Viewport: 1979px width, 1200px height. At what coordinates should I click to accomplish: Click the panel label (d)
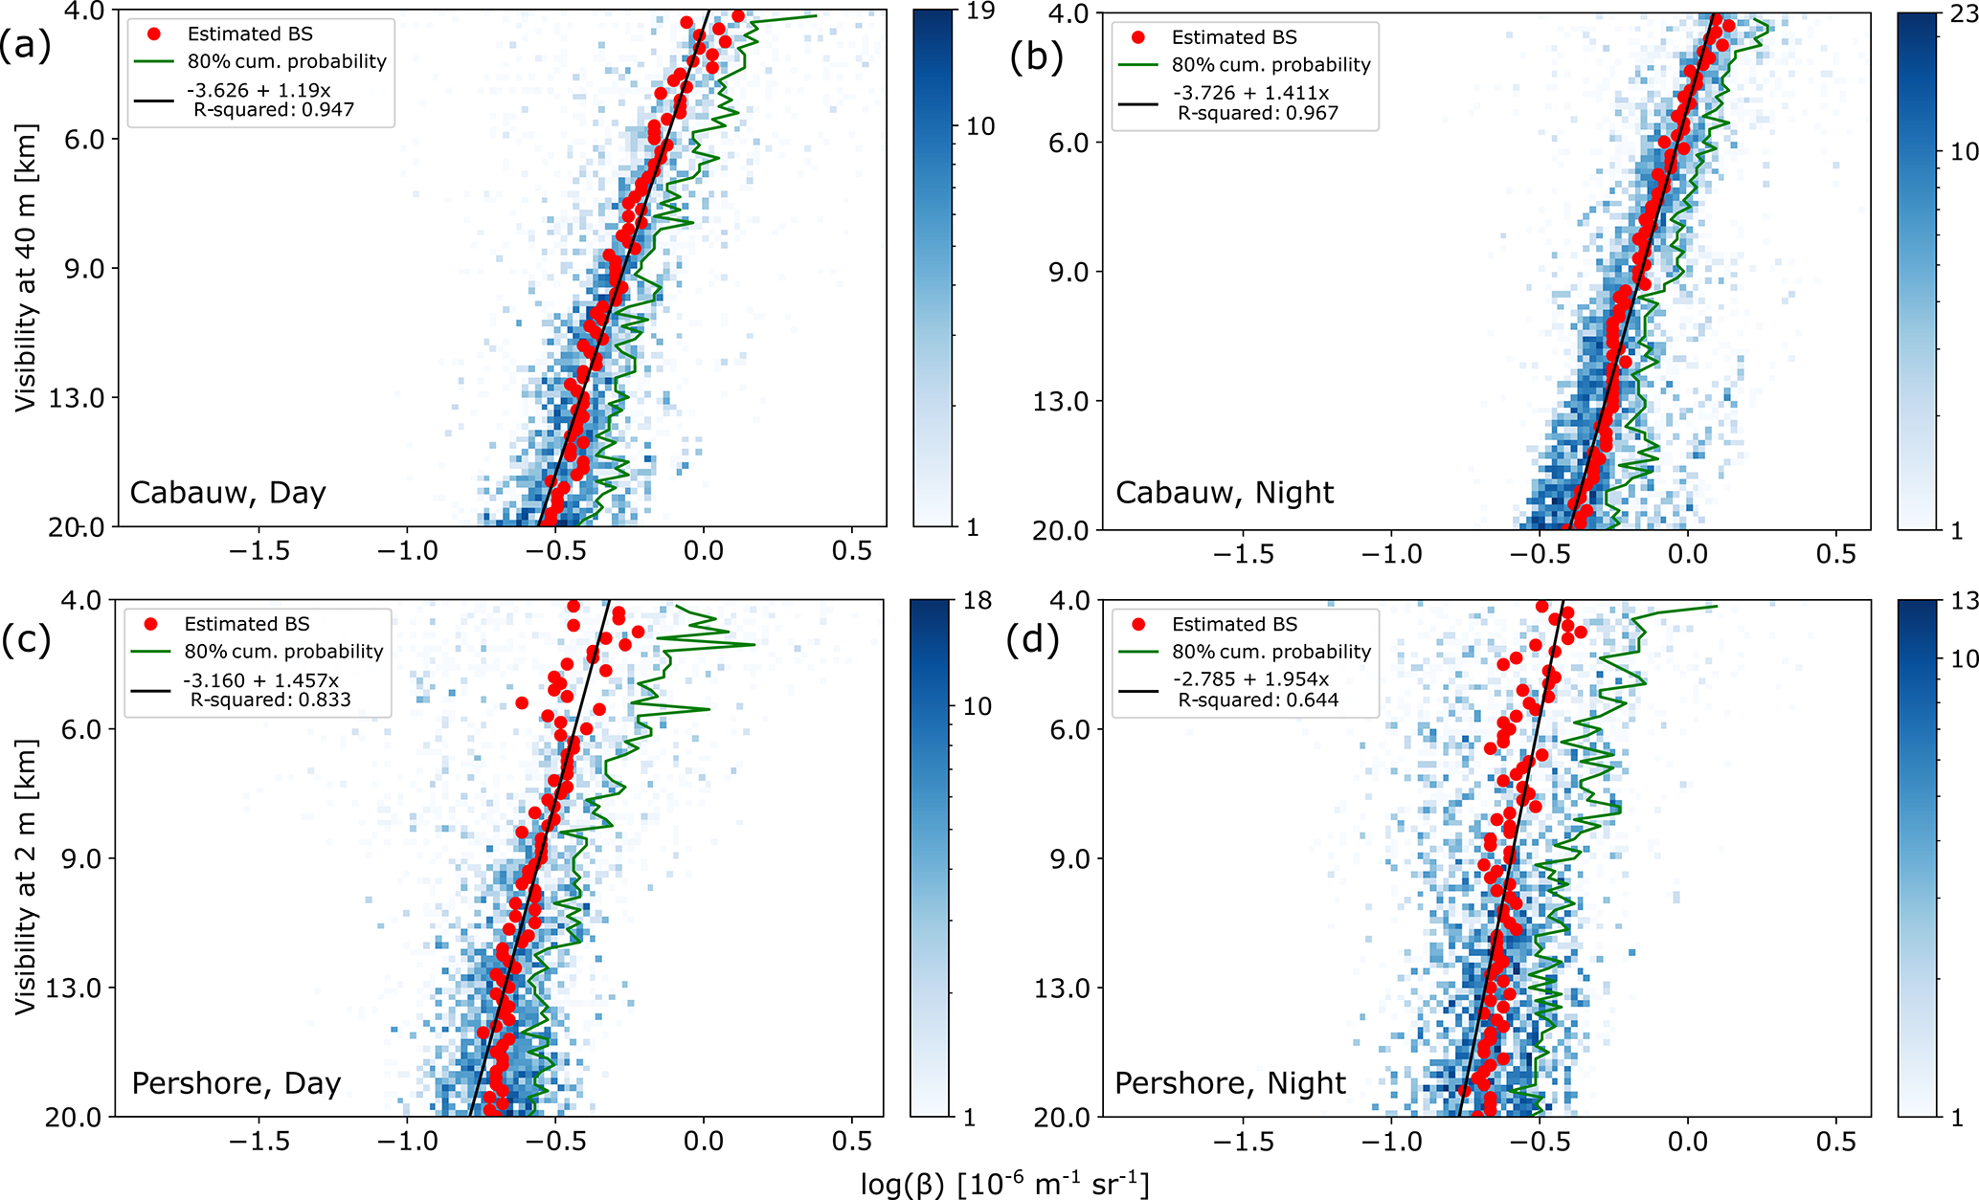1033,638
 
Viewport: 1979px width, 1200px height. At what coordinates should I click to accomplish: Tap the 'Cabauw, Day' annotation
228,493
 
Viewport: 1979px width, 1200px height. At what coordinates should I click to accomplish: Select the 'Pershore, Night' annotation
1230,1083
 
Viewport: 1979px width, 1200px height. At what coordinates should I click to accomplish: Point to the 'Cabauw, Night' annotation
1225,493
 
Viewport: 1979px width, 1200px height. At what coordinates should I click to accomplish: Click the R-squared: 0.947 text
274,110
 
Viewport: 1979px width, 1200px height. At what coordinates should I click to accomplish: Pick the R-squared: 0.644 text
1258,700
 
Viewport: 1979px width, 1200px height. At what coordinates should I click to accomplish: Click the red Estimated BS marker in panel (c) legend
150,625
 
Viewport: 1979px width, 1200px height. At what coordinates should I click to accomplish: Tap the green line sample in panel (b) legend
1138,65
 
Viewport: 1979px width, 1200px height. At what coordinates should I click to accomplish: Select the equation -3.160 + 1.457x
260,680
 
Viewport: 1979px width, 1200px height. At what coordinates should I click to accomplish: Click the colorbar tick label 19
980,11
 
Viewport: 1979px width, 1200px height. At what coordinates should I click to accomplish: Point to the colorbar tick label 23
1964,14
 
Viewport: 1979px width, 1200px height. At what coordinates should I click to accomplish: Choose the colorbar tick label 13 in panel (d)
1964,601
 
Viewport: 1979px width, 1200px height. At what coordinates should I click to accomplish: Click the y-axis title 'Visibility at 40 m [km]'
26,268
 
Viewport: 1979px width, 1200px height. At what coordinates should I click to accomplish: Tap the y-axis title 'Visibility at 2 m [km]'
26,876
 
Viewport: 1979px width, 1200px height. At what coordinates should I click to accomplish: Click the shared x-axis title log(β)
1004,1185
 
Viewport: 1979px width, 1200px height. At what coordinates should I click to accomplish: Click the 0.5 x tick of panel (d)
1835,1142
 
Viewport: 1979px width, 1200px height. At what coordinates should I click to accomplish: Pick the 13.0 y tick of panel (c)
76,988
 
